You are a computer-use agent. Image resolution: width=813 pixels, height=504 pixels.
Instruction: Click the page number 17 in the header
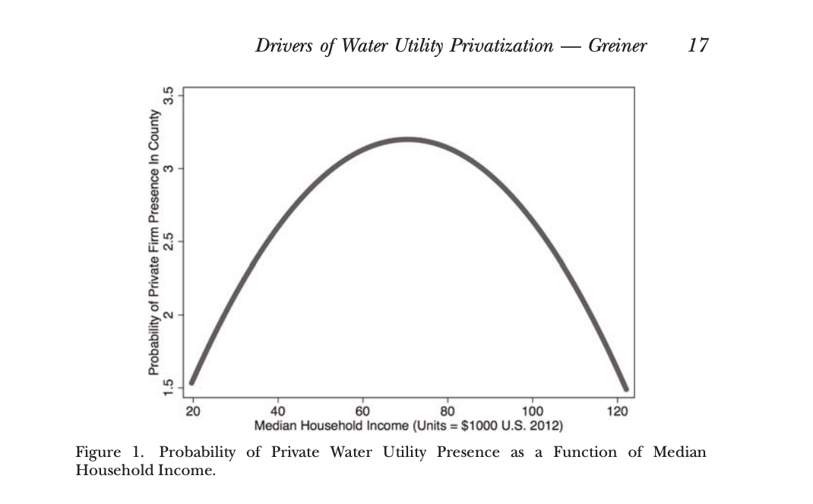tap(698, 46)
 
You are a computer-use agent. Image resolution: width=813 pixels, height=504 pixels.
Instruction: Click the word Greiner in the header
tap(617, 46)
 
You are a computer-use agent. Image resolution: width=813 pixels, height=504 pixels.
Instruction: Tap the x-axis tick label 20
tap(193, 411)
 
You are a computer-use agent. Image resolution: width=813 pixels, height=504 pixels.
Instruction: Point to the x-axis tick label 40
tap(278, 411)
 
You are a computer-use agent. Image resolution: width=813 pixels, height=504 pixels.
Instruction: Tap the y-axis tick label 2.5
tap(170, 241)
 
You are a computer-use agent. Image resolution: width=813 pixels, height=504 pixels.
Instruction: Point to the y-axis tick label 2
tap(170, 314)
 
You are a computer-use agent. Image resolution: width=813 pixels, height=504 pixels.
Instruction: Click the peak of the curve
tap(408, 140)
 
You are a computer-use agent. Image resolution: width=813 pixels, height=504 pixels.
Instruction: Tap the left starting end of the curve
tap(192, 382)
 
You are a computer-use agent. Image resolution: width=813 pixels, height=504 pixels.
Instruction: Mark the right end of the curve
tap(625, 388)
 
